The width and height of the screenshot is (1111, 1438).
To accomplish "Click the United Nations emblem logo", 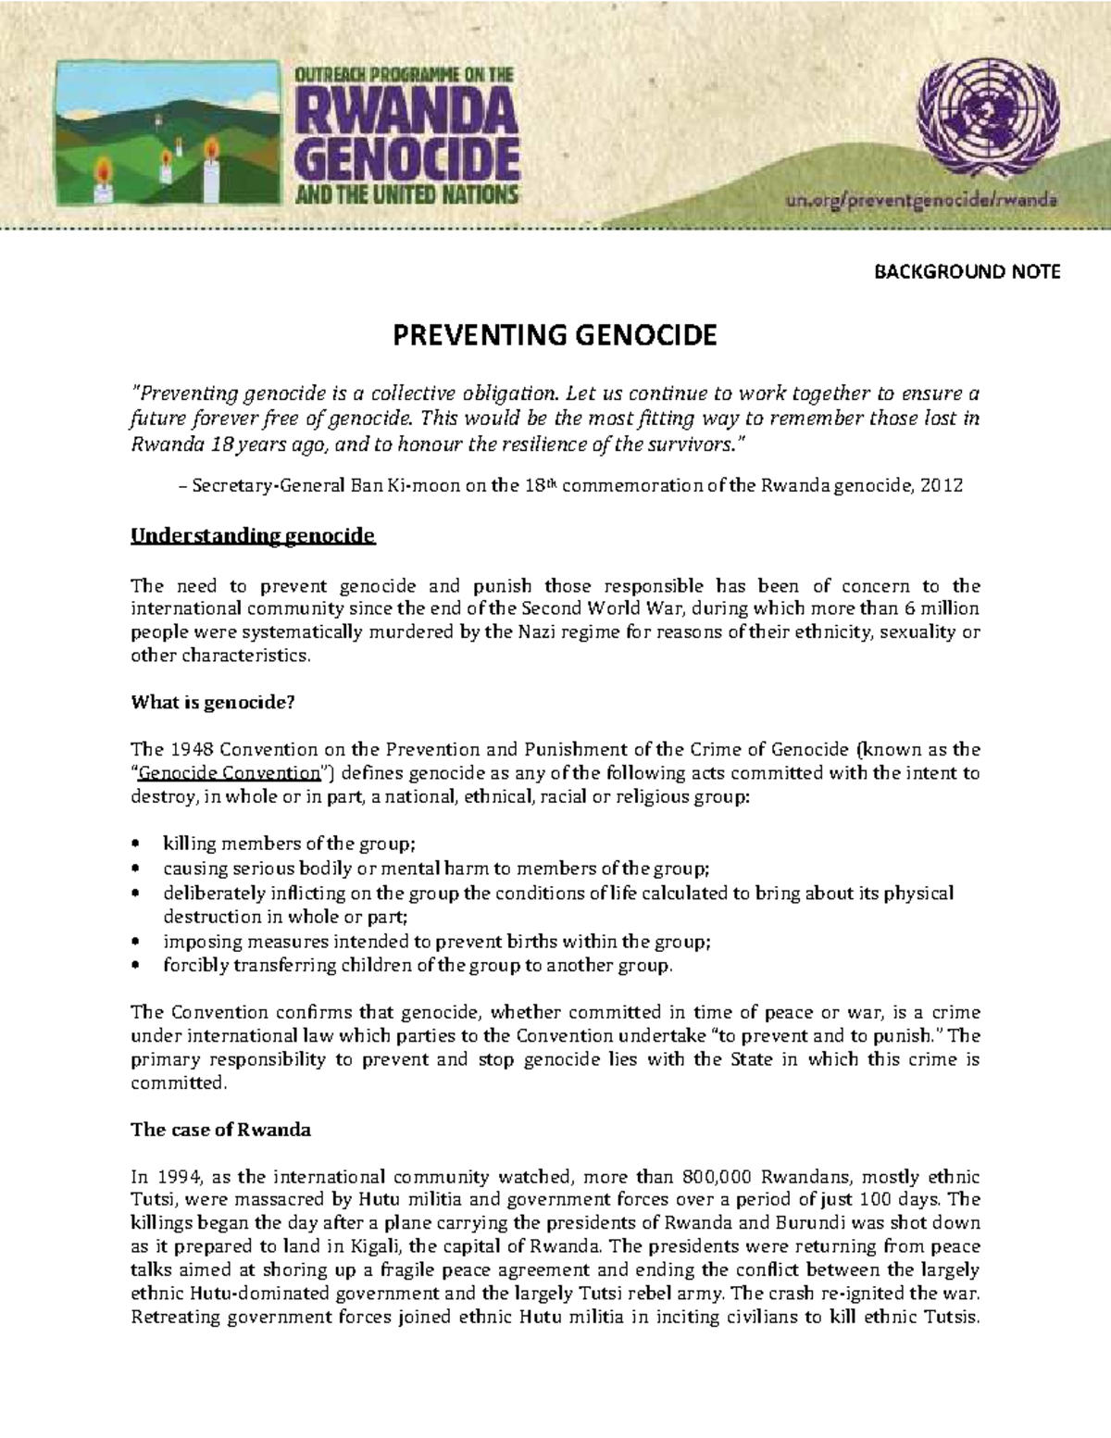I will point(984,115).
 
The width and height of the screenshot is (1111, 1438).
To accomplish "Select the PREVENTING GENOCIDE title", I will point(555,334).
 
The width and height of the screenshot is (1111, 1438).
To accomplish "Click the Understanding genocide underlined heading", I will point(253,536).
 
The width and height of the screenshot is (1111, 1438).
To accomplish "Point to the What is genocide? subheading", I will point(212,702).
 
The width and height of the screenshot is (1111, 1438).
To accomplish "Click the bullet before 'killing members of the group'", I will point(136,844).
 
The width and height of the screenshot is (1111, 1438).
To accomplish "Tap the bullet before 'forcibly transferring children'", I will point(136,966).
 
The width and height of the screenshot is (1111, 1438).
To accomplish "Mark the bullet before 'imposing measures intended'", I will point(136,942).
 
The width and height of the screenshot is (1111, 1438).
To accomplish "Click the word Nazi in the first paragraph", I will point(529,632).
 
